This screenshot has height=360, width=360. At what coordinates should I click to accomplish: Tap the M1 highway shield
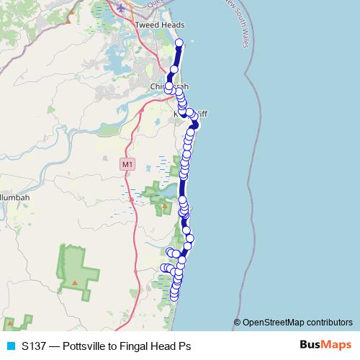coord(127,165)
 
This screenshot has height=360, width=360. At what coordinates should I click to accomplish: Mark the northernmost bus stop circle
coord(179,42)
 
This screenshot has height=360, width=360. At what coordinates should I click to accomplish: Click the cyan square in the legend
coord(10,346)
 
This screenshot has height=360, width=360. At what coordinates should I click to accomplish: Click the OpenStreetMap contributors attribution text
coord(298,322)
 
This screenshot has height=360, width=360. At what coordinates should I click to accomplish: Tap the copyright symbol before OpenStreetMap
coord(238,322)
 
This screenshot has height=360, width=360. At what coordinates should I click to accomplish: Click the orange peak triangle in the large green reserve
coord(75,282)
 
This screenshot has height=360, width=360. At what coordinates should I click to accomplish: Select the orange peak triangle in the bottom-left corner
coord(10,323)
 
